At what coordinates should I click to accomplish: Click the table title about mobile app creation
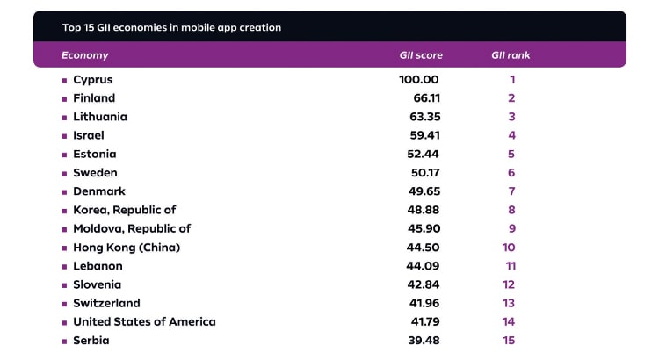coord(171,27)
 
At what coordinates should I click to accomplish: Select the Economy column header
coord(85,55)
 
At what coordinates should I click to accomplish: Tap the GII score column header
coord(421,55)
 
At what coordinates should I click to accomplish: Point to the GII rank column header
coord(511,55)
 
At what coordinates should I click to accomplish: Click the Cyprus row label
coord(93,80)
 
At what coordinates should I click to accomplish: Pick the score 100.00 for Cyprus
coord(418,80)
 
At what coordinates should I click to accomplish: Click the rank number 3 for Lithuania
coord(511,117)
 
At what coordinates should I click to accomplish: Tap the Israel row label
coord(89,135)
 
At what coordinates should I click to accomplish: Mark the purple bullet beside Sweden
coord(64,173)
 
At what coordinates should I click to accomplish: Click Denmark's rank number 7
coord(511,191)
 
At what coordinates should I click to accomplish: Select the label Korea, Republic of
coord(125,210)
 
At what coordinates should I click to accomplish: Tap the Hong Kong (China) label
coord(127,248)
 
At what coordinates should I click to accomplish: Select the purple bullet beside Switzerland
coord(64,304)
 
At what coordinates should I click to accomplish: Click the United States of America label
coord(144,321)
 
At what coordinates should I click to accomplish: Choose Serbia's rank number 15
coord(509,341)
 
